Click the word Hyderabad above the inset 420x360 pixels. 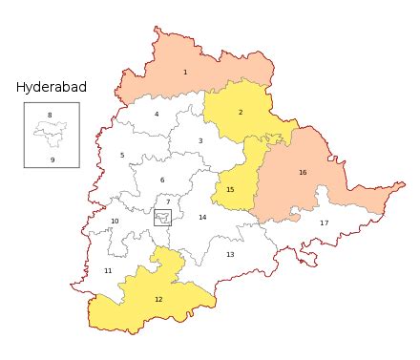pos(52,87)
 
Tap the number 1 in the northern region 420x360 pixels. pos(185,73)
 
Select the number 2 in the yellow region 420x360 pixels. pos(241,113)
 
